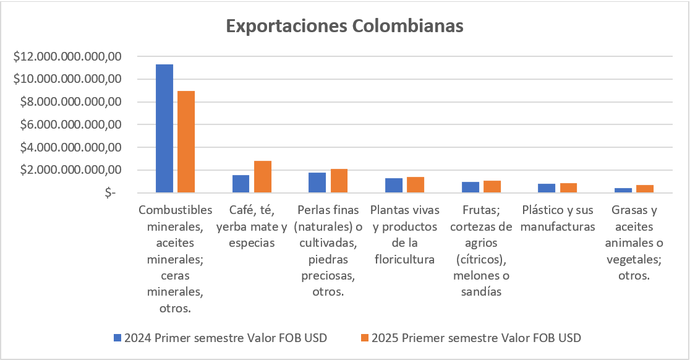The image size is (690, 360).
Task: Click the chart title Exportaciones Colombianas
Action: pyautogui.click(x=344, y=27)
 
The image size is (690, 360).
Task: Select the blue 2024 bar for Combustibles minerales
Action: pyautogui.click(x=164, y=128)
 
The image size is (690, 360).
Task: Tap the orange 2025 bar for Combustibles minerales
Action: pyautogui.click(x=186, y=142)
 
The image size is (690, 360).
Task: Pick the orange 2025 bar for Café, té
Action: pyautogui.click(x=262, y=177)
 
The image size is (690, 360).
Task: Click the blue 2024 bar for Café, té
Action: pyautogui.click(x=241, y=184)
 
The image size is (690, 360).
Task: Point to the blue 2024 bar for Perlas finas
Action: pyautogui.click(x=317, y=182)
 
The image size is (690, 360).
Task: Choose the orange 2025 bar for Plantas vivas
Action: pyautogui.click(x=415, y=185)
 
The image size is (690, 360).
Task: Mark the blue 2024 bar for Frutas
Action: pyautogui.click(x=471, y=187)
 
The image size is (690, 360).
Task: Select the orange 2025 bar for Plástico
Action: pyautogui.click(x=568, y=188)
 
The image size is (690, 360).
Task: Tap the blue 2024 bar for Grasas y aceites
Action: pyautogui.click(x=623, y=191)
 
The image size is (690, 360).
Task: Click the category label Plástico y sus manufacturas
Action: pyautogui.click(x=558, y=218)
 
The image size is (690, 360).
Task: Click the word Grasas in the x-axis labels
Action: pyautogui.click(x=634, y=210)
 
